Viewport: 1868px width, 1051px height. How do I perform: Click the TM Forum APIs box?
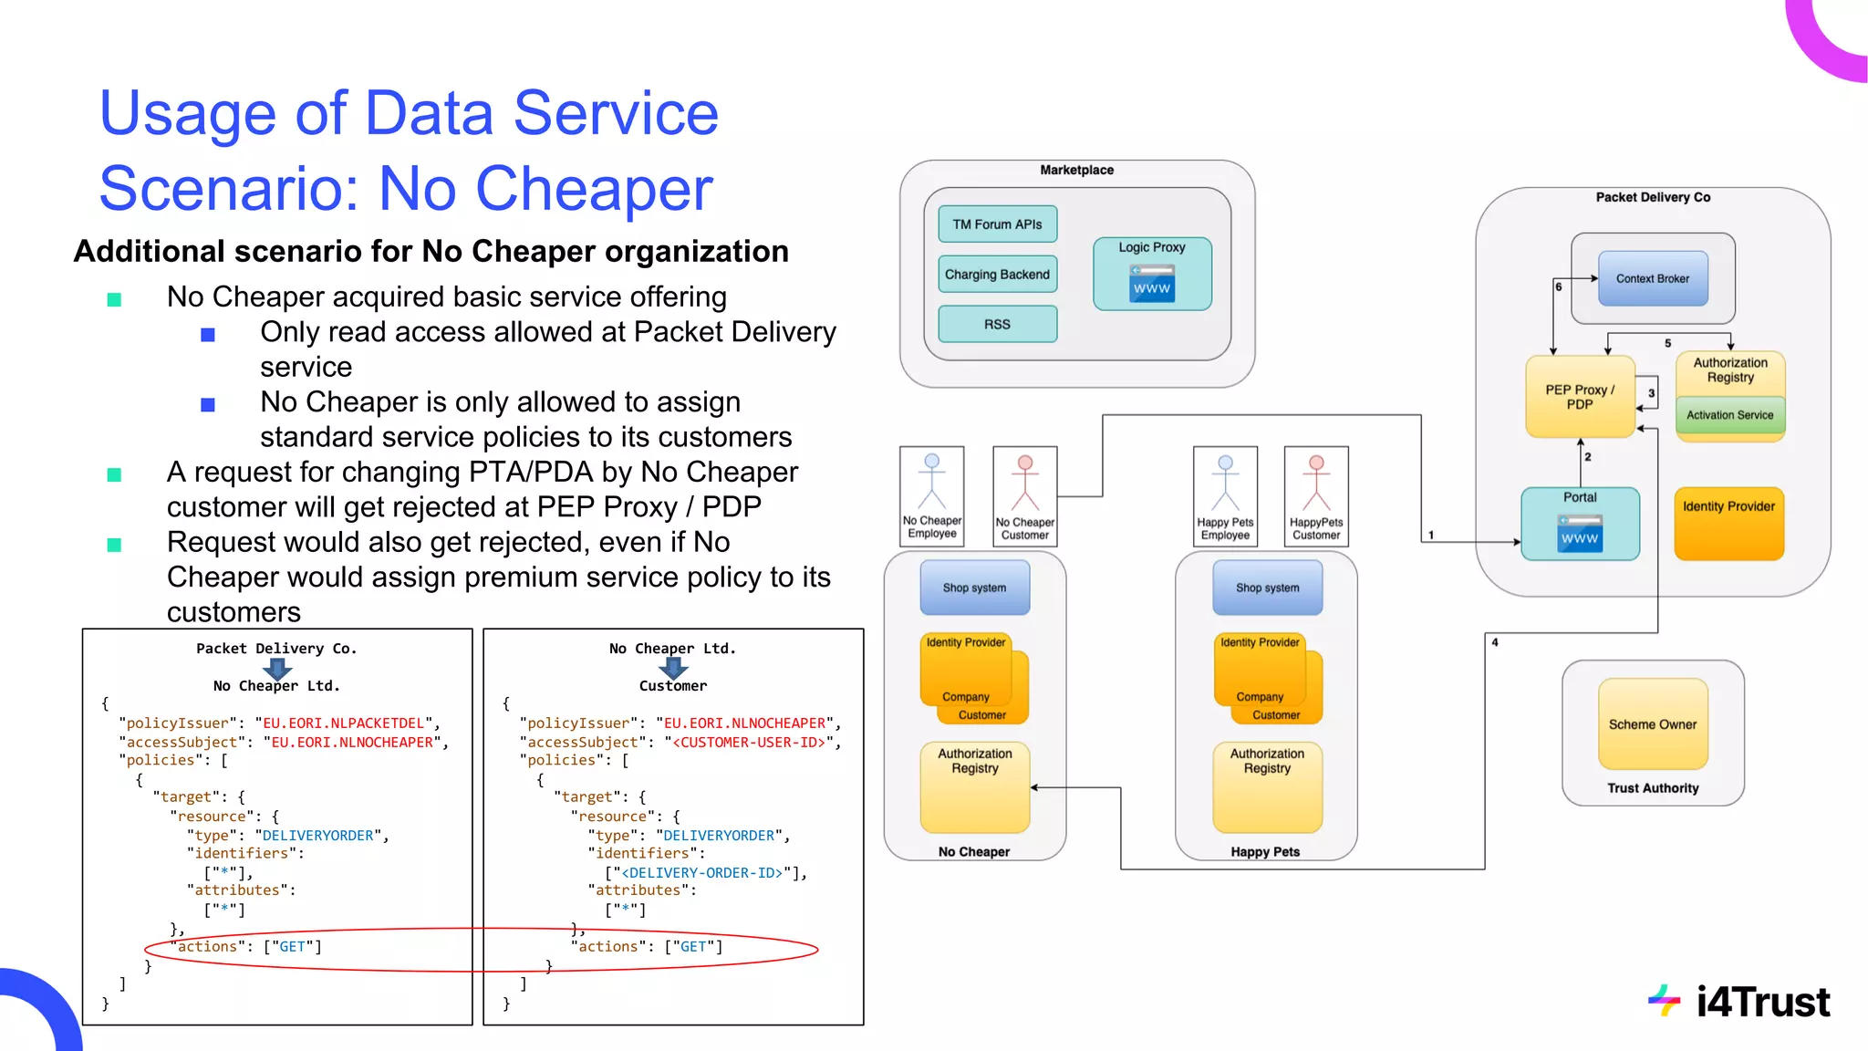(x=997, y=224)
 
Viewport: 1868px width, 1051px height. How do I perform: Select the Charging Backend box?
(x=997, y=275)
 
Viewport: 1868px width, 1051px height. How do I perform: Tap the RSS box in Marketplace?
(x=997, y=324)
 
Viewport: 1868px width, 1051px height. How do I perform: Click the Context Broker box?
(x=1652, y=279)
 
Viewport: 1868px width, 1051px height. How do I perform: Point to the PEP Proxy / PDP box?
(x=1579, y=397)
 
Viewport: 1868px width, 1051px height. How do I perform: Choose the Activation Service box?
(x=1729, y=415)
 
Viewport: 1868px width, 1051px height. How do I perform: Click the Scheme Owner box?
(x=1652, y=724)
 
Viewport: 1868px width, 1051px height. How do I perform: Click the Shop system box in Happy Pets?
(x=1267, y=588)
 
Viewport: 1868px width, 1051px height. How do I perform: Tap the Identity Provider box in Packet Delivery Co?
(x=1728, y=523)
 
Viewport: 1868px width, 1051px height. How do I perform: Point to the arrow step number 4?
(x=1494, y=642)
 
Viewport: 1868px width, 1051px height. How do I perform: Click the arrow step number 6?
(x=1558, y=286)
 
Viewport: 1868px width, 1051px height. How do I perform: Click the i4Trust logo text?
(x=1761, y=1002)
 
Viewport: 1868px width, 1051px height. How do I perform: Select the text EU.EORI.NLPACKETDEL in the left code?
(x=344, y=723)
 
